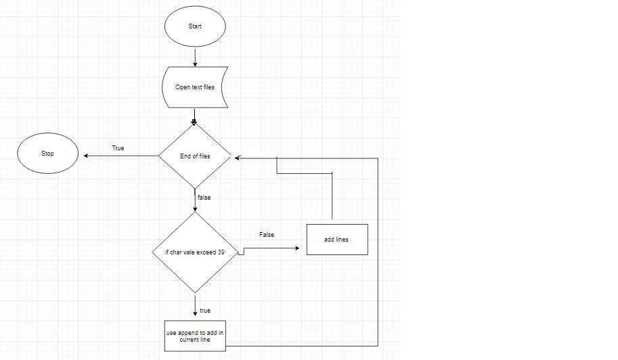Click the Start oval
(195, 26)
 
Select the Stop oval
(47, 154)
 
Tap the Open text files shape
(195, 87)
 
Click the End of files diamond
(195, 156)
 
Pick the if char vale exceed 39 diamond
(195, 252)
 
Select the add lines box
(337, 240)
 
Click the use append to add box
(195, 336)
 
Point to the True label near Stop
(118, 148)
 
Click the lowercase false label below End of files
(204, 198)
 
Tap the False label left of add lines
(267, 235)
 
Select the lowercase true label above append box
(205, 311)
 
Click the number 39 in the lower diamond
(221, 252)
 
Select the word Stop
(47, 154)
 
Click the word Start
(195, 26)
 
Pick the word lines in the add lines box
(343, 240)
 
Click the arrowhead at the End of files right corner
(238, 158)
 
